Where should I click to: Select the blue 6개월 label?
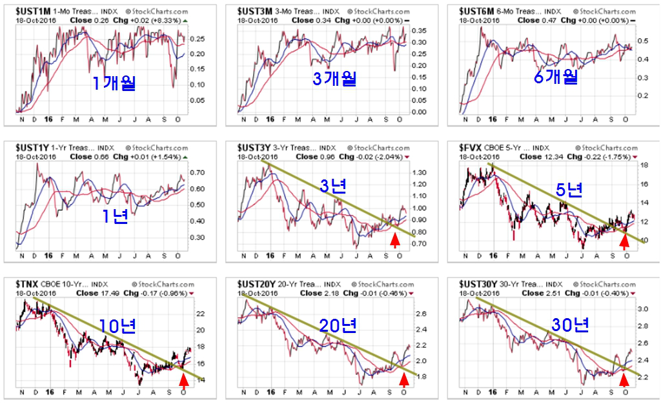pyautogui.click(x=554, y=77)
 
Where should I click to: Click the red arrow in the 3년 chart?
pyautogui.click(x=396, y=241)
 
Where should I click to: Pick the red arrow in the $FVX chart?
pyautogui.click(x=624, y=241)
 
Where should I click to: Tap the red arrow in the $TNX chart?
pyautogui.click(x=183, y=382)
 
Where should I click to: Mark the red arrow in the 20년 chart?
pyautogui.click(x=404, y=382)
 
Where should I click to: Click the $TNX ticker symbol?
pyautogui.click(x=27, y=285)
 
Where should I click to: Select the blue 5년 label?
pyautogui.click(x=569, y=190)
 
